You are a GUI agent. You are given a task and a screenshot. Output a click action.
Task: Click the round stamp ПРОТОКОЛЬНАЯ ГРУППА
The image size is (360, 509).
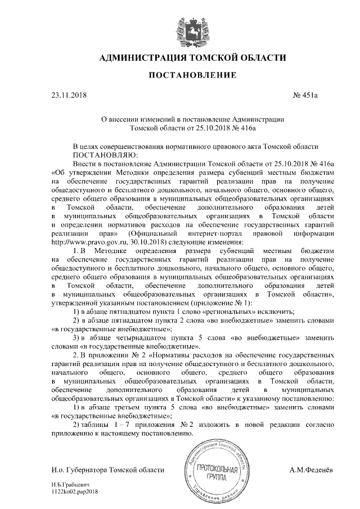coord(211,469)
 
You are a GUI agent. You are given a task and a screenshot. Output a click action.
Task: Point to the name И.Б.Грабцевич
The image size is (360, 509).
coord(70,484)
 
